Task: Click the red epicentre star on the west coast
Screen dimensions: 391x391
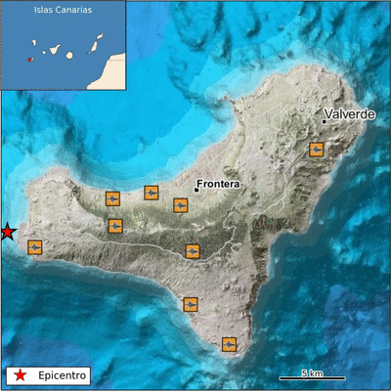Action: point(7,232)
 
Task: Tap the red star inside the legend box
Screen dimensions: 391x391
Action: point(20,374)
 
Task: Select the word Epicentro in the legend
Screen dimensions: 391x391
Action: point(63,374)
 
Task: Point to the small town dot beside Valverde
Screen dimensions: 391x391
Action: point(325,121)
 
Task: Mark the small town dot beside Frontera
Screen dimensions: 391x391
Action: point(195,190)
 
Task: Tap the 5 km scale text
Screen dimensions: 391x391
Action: point(312,372)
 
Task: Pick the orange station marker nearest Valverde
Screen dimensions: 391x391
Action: point(316,150)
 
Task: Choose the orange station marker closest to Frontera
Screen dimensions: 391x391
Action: point(181,204)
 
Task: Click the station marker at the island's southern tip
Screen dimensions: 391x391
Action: point(229,343)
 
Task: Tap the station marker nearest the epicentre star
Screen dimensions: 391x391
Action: point(35,246)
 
